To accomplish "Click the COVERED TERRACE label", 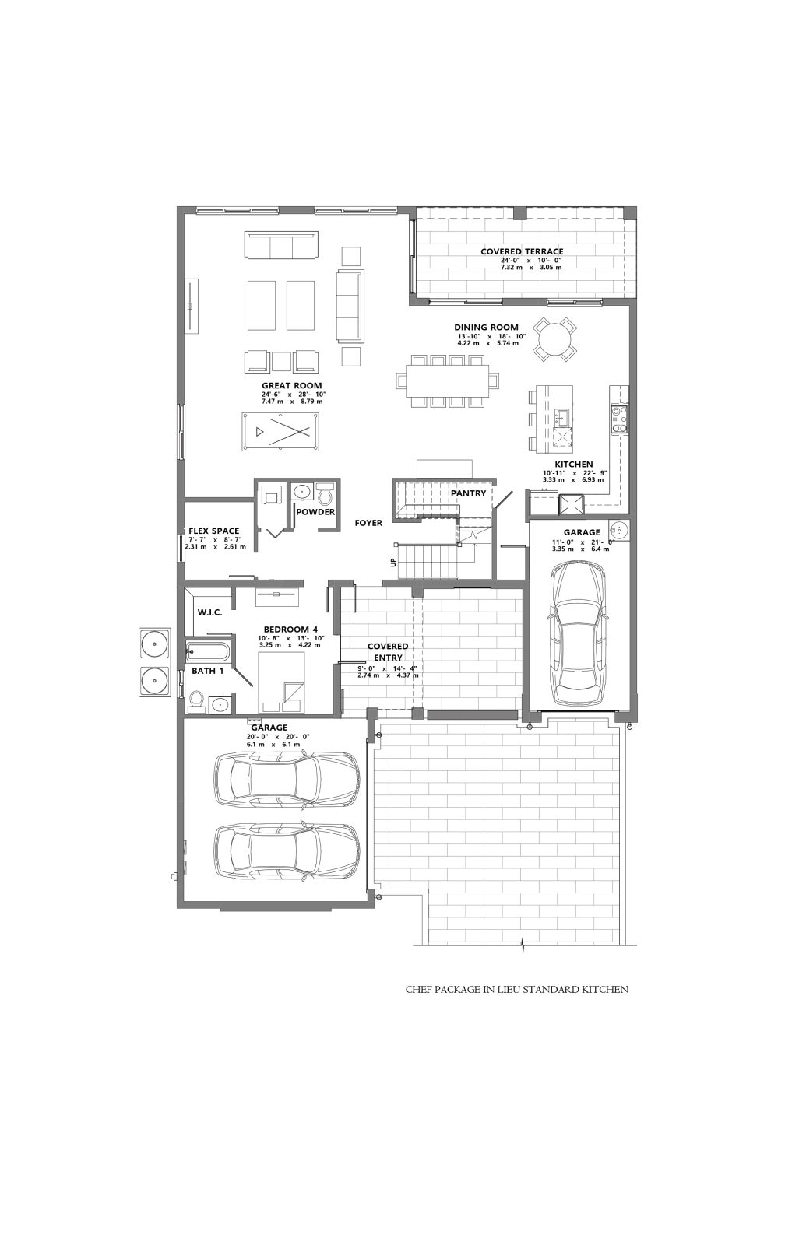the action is pos(521,252).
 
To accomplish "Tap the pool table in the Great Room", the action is pos(280,432).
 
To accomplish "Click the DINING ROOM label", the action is pos(486,328).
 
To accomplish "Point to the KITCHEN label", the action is pos(573,464).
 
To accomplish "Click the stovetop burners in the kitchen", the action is pos(619,419).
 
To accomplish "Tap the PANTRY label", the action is pos(468,493).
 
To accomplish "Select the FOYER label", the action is pos(368,523).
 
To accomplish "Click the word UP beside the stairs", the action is pos(394,563).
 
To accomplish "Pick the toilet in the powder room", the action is pos(325,493).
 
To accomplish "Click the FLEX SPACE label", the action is pos(213,531).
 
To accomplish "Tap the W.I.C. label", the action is pos(209,612).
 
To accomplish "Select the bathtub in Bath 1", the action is pos(207,651).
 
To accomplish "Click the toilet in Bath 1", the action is pos(195,701).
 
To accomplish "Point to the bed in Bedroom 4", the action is pos(281,682).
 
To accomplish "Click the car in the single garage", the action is pos(577,632).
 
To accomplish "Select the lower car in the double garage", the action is pos(287,851).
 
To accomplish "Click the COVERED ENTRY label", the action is pos(388,652).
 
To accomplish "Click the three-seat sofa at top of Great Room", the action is pos(281,245).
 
